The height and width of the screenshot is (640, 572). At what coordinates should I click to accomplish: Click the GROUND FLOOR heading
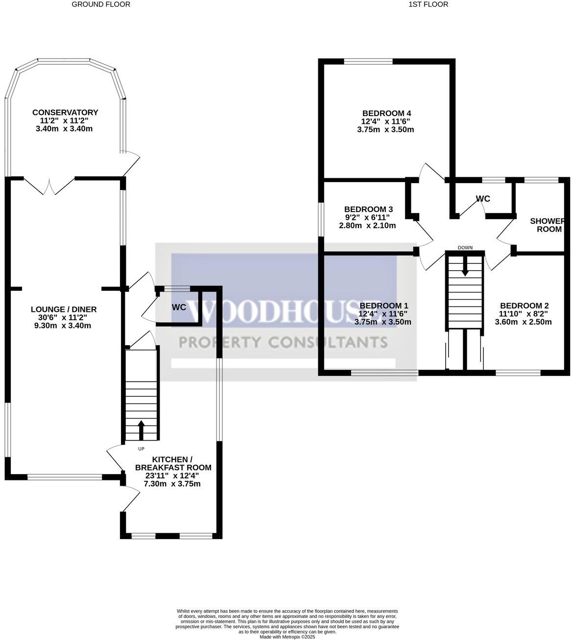coord(101,4)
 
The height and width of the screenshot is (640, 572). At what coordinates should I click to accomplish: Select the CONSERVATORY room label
coord(65,113)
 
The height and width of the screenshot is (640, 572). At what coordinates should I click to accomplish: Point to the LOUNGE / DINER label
coord(64,309)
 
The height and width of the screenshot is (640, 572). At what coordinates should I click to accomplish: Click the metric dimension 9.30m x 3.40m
coord(64,326)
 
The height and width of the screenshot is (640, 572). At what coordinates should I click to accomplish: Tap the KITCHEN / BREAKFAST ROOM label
coord(169,463)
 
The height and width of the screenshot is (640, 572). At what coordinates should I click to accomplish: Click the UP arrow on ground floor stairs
coord(142,430)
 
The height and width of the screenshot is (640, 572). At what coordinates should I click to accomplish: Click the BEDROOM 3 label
coord(368,209)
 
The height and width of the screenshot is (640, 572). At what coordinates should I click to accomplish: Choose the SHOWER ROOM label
coord(547,225)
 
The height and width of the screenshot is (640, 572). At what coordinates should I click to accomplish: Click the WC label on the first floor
coord(483,199)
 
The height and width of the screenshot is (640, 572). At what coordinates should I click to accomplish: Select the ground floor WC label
coord(179,308)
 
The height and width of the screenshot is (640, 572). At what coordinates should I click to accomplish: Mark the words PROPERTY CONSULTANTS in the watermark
coord(283,342)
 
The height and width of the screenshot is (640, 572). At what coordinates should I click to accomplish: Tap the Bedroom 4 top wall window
coord(368,62)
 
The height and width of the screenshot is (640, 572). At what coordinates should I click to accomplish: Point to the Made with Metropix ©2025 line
coord(287,637)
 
